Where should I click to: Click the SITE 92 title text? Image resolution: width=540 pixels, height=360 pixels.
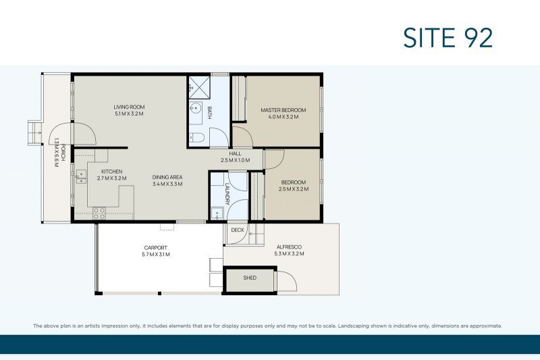(x=448, y=37)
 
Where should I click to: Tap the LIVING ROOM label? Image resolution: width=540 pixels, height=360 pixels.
(x=129, y=107)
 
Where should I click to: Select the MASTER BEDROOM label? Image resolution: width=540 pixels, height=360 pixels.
(x=283, y=110)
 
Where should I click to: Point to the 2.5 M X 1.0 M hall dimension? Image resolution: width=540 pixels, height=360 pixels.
(x=235, y=161)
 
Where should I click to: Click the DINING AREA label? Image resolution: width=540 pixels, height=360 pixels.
(x=167, y=177)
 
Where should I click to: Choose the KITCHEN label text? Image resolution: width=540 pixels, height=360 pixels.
(x=112, y=172)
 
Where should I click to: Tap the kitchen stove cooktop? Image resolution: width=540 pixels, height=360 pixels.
(x=99, y=213)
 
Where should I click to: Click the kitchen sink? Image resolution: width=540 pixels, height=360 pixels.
(x=82, y=176)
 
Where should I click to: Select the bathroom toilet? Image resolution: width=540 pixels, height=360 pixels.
(x=197, y=138)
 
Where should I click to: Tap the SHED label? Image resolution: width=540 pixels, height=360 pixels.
(x=249, y=278)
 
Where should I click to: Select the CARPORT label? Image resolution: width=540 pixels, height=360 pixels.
(x=155, y=248)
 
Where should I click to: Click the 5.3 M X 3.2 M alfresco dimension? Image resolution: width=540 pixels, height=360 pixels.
(x=289, y=254)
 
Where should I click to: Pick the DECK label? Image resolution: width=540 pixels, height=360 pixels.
(x=237, y=230)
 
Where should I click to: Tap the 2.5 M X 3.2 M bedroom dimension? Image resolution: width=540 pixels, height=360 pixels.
(x=293, y=189)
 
